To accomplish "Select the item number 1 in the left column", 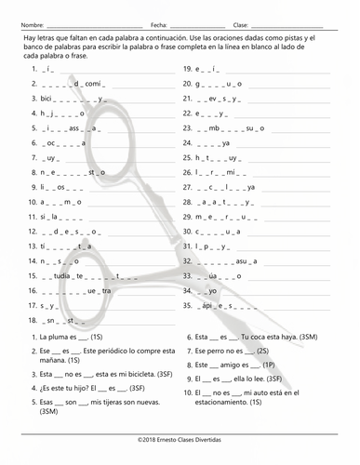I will pos(33,69).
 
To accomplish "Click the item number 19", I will pos(187,69).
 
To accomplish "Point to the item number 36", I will pos(187,304).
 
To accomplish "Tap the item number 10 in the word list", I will pos(35,201).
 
